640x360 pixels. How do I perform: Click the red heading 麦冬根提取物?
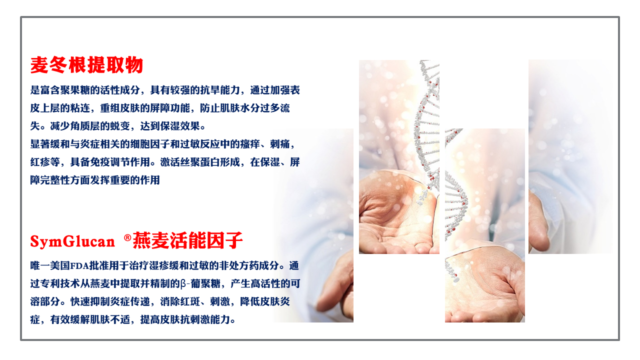(86, 65)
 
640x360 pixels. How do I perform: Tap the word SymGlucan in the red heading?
(72, 241)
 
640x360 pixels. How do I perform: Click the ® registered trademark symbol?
(127, 237)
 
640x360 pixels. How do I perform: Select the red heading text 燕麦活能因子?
(187, 240)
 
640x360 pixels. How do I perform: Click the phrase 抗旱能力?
(220, 90)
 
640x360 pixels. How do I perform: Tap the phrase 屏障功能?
(170, 108)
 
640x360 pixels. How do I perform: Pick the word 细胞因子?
(150, 144)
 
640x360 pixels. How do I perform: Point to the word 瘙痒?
(250, 144)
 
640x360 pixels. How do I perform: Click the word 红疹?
(40, 162)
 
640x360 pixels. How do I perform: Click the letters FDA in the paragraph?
(79, 266)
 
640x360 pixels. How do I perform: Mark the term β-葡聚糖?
(200, 283)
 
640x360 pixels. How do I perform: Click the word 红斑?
(190, 301)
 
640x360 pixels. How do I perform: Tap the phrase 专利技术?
(60, 283)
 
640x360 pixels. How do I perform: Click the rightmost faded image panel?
(570, 156)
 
